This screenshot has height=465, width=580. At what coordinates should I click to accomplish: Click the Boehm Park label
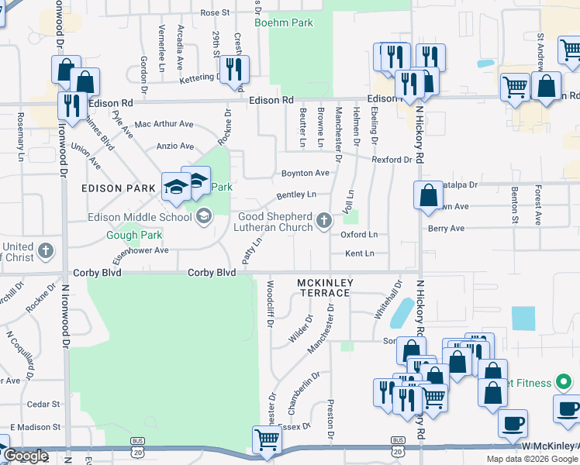[x=292, y=22]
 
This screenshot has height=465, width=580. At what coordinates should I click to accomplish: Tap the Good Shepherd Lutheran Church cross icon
[x=325, y=222]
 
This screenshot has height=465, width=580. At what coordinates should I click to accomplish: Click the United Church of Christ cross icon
[x=46, y=251]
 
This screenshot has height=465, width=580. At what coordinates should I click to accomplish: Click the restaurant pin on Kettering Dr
[x=233, y=69]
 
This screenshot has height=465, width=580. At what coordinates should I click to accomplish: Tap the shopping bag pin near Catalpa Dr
[x=428, y=195]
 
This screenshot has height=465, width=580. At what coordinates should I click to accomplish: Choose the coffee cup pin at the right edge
[x=566, y=407]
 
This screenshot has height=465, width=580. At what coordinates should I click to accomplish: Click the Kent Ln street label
[x=358, y=253]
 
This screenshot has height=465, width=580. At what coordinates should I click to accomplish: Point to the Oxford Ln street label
[x=358, y=234]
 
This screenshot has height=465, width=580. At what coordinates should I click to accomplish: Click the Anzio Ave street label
[x=174, y=146]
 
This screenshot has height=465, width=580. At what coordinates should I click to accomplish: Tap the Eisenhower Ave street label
[x=140, y=251]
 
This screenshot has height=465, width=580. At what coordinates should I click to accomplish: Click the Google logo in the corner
[x=26, y=456]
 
